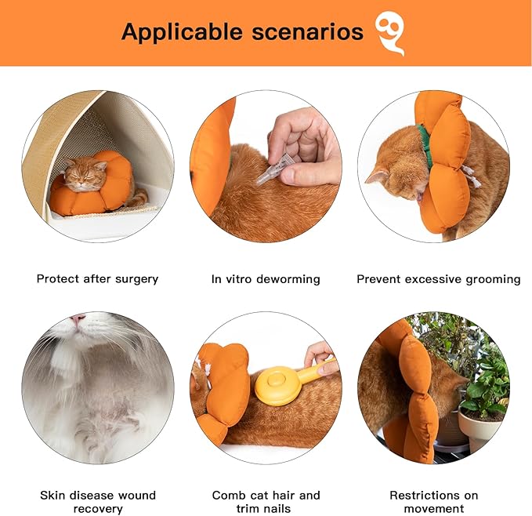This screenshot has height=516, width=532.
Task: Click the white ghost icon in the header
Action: tap(389, 33)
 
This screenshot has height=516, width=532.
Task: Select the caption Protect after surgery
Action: tap(97, 278)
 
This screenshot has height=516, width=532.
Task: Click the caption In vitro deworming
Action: tap(266, 278)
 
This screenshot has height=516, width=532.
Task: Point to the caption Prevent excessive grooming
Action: tap(438, 278)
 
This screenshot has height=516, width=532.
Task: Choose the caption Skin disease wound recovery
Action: tap(98, 502)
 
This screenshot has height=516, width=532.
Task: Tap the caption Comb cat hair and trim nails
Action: tap(266, 502)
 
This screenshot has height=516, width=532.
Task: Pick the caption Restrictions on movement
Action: tap(433, 502)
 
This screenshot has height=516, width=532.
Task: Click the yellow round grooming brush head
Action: tap(272, 387)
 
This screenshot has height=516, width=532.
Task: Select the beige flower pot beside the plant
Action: tap(478, 428)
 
